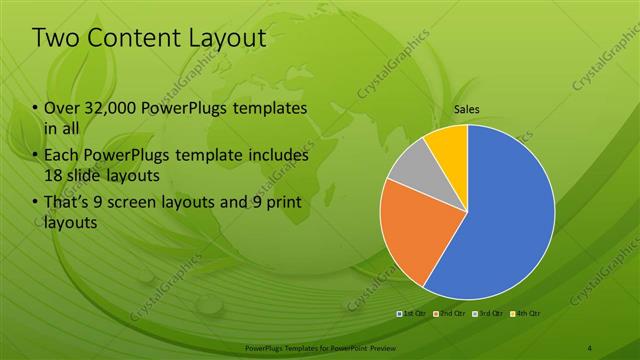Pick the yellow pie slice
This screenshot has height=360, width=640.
448,144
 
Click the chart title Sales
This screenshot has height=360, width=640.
467,110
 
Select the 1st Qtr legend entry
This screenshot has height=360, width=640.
413,314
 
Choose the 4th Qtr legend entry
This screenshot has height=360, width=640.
525,314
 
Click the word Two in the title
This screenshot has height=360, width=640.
58,39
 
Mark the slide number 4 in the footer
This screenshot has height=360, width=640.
590,347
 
